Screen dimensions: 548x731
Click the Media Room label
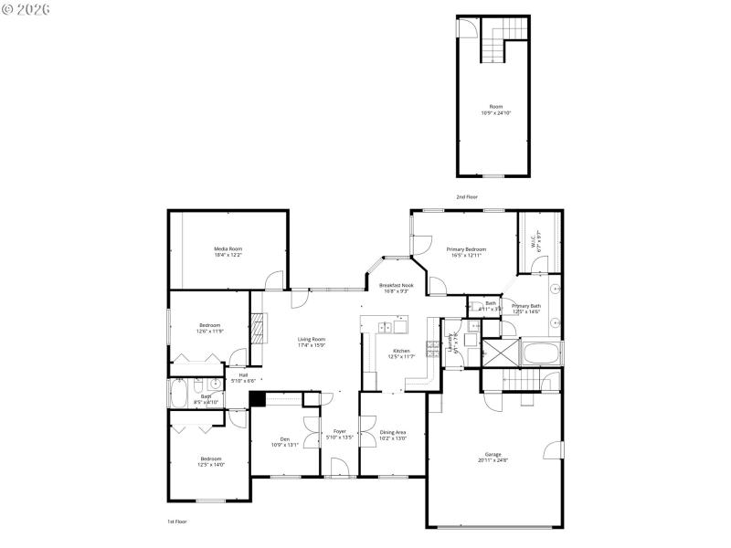228,248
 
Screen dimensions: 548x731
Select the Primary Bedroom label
466,249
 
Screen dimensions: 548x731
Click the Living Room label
312,340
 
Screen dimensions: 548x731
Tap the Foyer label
339,432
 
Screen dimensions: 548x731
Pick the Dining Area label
393,432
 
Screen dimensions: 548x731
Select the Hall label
243,374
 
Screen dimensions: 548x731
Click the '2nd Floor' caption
467,197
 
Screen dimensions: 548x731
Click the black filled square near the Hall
257,398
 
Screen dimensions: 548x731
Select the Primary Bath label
525,306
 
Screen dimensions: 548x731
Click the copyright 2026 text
27,9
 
